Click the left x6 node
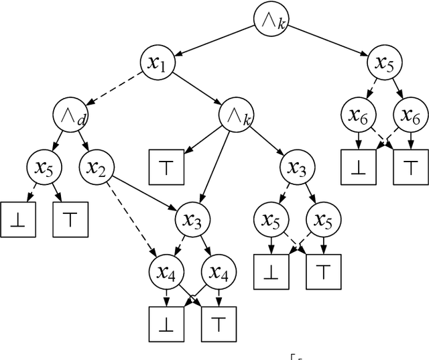click(x=358, y=115)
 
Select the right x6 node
click(x=410, y=115)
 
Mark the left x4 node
click(x=165, y=272)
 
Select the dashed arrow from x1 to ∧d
click(x=115, y=91)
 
